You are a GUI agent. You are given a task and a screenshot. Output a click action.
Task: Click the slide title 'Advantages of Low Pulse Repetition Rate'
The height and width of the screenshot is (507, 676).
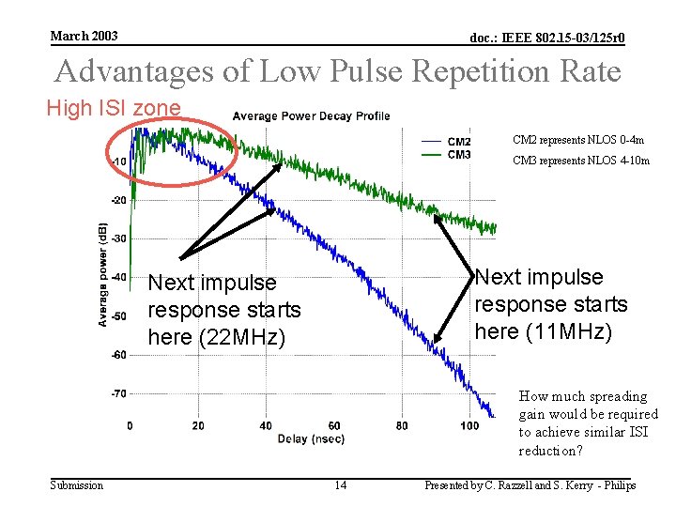coord(338,71)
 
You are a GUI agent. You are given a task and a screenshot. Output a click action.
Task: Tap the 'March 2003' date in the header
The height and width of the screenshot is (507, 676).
coord(84,36)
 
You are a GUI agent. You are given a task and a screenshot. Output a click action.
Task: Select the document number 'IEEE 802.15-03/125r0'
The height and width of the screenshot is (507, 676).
coord(547,38)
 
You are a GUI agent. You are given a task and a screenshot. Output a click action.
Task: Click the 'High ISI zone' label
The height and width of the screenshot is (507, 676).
coord(114,109)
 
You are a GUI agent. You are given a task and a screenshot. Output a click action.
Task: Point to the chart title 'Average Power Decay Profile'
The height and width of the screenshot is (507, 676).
coord(311,116)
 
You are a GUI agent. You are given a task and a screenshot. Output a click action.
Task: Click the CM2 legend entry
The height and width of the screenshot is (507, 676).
coord(459,142)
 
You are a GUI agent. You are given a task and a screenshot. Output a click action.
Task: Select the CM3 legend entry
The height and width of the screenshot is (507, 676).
coord(459,154)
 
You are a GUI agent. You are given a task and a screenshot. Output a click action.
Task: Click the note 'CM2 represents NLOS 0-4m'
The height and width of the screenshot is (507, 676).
coord(577,140)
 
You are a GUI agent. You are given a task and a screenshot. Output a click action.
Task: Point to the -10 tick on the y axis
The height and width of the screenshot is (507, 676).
coord(119,161)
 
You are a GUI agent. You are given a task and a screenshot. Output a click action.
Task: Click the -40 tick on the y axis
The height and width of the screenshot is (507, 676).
coord(119,277)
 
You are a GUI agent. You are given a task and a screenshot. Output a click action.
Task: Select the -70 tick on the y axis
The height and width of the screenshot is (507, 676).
coord(119,393)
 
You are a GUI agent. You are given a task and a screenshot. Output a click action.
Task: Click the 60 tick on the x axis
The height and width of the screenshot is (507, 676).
coord(334,426)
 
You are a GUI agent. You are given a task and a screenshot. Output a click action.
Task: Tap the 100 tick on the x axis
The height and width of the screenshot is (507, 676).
coord(469,426)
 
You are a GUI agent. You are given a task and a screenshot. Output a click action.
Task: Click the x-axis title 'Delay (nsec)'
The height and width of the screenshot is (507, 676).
coord(311,439)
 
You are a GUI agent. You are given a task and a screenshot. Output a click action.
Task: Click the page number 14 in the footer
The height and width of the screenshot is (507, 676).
coord(341,485)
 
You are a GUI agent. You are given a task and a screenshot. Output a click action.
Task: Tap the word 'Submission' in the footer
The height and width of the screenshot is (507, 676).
coord(76,485)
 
